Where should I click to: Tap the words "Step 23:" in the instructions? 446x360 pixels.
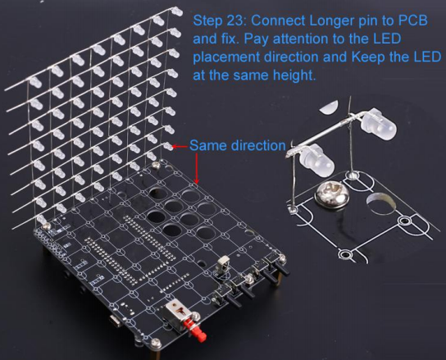pos(220,21)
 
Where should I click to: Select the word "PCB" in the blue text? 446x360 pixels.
pos(413,21)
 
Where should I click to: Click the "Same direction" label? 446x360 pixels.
pos(238,145)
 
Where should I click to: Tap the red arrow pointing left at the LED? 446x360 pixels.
pos(180,147)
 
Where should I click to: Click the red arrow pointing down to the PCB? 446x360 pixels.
pos(197,168)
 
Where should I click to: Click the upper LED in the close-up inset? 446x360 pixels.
pos(379,125)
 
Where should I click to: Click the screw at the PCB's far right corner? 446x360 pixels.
pos(282,258)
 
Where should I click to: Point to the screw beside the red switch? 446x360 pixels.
pos(195,315)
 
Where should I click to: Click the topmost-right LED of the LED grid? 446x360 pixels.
pos(177,11)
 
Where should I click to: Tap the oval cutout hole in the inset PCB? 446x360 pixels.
pos(381,203)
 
